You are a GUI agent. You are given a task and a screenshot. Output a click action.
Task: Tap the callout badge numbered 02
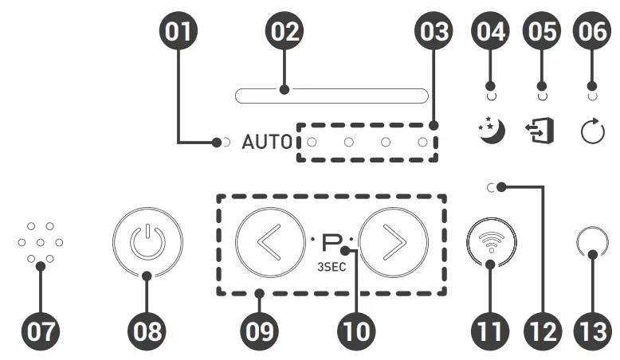click(284, 32)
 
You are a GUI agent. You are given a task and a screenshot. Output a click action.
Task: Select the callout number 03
click(433, 32)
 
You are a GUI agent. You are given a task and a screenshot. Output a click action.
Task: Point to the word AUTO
click(268, 143)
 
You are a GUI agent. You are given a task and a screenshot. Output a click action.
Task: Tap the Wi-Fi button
click(491, 241)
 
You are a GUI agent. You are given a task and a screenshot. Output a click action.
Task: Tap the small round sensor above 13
click(591, 242)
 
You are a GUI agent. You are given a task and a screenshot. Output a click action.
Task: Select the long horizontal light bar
click(331, 96)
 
